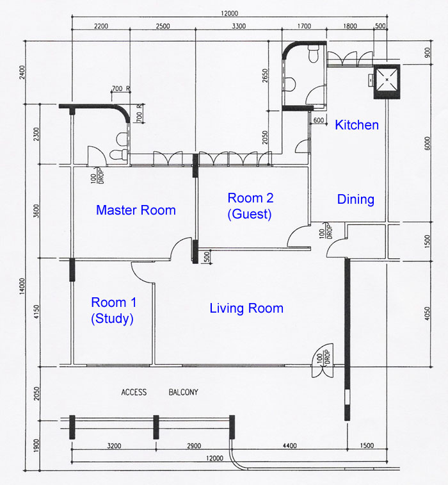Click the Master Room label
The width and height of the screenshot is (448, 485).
point(136,210)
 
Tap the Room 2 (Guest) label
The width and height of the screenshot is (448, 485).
point(250,206)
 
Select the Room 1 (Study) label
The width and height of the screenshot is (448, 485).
point(113,310)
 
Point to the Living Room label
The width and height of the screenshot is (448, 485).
point(246,308)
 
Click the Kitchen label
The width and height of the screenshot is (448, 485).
point(357,125)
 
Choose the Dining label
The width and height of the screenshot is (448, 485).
point(356,199)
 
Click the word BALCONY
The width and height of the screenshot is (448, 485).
point(183,392)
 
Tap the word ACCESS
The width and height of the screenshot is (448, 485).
point(134,392)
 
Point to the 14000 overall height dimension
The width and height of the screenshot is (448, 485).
point(22,286)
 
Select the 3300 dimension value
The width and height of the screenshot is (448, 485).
point(239,26)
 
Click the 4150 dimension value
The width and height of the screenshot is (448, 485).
point(36,312)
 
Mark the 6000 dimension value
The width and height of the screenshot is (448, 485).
point(427,144)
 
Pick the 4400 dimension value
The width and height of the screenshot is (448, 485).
point(290,446)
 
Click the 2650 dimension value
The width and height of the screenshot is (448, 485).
point(265,76)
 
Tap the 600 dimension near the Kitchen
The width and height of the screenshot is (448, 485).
point(319,120)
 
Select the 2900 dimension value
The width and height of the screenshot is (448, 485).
point(194,446)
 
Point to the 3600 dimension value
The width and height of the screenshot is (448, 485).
point(36,211)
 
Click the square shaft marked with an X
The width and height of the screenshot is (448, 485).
point(387,81)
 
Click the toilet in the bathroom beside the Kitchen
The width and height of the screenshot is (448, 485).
point(314,54)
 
